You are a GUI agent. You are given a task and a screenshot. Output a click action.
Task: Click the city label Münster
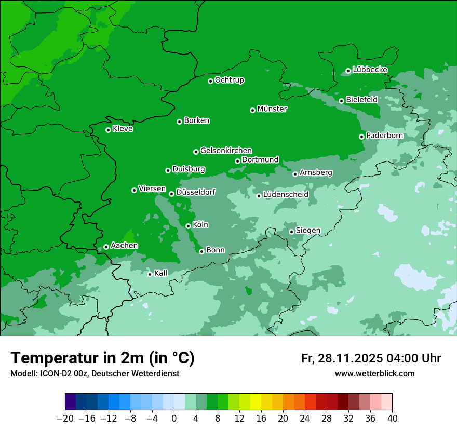272,109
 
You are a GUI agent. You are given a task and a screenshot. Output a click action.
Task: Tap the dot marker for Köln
188,226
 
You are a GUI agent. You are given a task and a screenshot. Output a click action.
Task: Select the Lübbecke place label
370,70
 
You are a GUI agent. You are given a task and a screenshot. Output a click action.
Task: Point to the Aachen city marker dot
106,247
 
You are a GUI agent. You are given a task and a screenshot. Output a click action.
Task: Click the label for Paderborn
384,136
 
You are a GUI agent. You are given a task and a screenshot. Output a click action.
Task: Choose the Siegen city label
308,231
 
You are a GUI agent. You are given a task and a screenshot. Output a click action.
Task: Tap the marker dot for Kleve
108,130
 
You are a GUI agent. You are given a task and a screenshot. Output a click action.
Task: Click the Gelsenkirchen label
226,151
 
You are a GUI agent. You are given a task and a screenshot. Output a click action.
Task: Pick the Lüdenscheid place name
286,195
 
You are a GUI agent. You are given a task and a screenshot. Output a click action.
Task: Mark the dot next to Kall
150,274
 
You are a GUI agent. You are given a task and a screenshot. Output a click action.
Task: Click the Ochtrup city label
229,80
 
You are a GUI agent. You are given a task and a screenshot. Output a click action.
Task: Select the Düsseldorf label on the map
195,192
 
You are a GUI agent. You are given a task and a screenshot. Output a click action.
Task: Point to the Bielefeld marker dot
341,101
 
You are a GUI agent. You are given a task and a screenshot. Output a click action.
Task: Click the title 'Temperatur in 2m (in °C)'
102,358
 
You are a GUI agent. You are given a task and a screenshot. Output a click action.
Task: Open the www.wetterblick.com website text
374,373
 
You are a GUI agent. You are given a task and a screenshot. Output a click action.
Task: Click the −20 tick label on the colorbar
65,419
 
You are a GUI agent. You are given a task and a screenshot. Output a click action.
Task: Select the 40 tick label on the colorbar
392,419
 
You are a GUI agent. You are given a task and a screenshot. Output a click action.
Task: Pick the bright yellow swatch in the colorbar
256,402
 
